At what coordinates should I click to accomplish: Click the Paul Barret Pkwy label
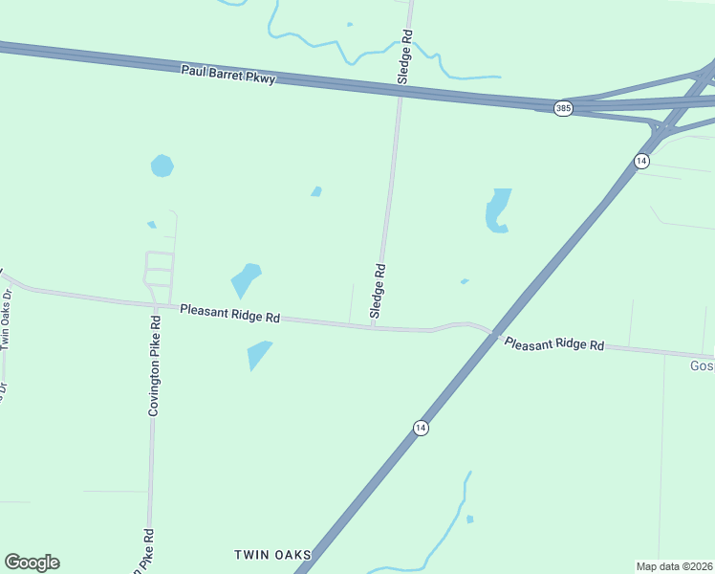[228, 74]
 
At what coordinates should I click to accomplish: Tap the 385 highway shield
[563, 108]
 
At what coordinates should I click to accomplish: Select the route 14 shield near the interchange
[641, 161]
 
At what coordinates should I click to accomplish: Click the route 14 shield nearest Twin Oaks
[421, 428]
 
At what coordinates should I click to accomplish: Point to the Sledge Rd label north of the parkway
[405, 58]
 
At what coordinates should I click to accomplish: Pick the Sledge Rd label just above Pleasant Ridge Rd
[379, 291]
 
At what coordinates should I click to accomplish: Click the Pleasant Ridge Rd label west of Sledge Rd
[229, 312]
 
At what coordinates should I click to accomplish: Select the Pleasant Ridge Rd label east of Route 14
[554, 343]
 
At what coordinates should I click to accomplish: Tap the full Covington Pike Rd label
[153, 364]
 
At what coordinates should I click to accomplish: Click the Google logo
[32, 563]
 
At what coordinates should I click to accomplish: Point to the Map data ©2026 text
[674, 566]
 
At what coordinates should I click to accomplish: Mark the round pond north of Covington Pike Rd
[162, 166]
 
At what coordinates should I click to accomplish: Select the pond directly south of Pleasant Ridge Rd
[258, 354]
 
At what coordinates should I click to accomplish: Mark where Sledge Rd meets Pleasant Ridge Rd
[373, 327]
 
